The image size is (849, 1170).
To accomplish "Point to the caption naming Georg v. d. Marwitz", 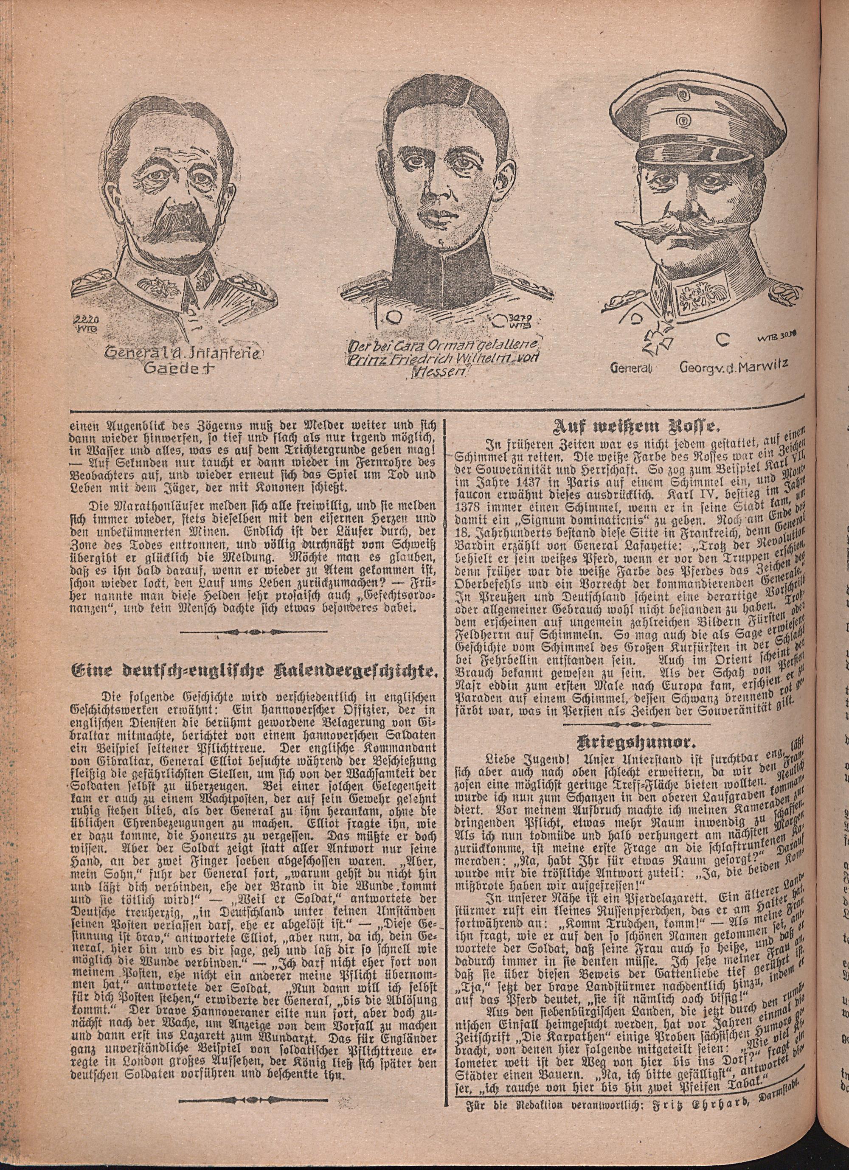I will coord(701,368).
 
